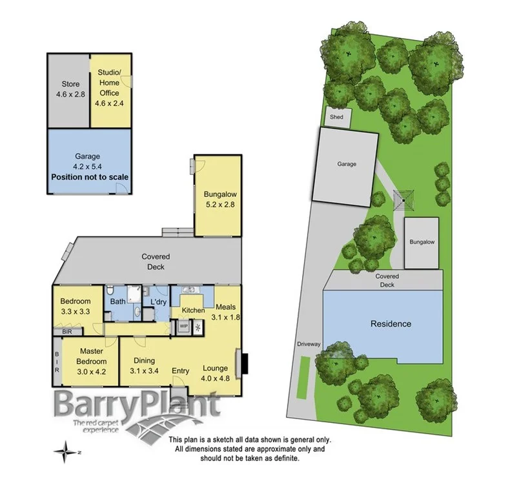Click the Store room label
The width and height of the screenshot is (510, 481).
pos(69,88)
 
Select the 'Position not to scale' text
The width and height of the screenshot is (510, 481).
pos(90,177)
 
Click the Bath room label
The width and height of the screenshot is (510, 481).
pos(117,301)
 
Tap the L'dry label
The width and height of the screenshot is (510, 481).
pos(158,302)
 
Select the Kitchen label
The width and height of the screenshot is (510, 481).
pos(193,311)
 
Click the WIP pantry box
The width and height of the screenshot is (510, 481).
pos(183,326)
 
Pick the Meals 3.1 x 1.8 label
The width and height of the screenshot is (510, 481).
pos(226,312)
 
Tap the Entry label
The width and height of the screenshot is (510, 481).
pos(181,371)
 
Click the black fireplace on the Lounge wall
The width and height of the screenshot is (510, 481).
pos(241,362)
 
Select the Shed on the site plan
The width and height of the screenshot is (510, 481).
pos(337,117)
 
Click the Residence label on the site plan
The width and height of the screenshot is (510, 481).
pos(390,323)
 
